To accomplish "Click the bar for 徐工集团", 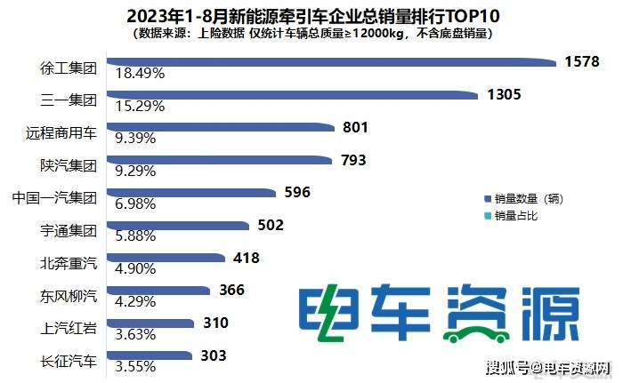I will click(329, 62).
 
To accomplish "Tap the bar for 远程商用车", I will click(220, 127).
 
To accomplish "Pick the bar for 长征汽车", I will click(150, 355).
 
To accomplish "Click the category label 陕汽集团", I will click(69, 164).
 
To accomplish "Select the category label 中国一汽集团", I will click(55, 197).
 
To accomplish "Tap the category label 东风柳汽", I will click(69, 294).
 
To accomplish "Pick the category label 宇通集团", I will click(69, 229).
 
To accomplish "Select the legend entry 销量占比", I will click(516, 215).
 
